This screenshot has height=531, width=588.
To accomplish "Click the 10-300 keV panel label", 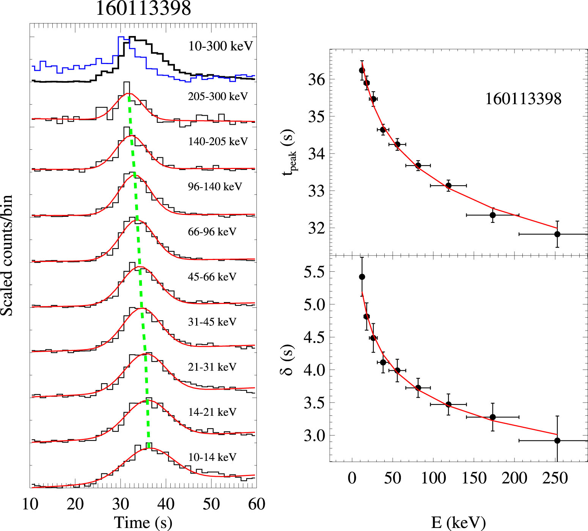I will point(220,46).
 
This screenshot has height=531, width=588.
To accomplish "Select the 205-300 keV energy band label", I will point(218,96).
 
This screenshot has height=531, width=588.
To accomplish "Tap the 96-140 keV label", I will point(215,186).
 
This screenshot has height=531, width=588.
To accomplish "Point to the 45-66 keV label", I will point(212,277).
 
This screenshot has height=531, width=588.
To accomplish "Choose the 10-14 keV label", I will point(212,457).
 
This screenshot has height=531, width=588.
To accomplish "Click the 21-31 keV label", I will point(212,367).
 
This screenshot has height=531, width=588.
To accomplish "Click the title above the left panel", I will point(143,8).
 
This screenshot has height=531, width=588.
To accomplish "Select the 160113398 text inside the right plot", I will point(523,99).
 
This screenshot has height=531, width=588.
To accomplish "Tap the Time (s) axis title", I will point(143,522).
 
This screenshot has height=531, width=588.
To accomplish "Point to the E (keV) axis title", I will point(458,522).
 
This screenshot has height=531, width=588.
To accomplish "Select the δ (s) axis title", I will point(288,359).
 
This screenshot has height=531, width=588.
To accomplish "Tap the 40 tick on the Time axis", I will point(166,504).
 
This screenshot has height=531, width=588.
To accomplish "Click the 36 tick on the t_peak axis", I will point(316,80).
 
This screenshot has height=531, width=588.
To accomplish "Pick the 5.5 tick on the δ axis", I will point(314,272).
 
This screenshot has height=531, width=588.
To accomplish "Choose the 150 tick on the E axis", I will point(474,478).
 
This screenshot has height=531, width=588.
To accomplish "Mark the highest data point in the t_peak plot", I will point(362,70).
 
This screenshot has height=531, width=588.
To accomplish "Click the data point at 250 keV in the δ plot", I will point(557,440).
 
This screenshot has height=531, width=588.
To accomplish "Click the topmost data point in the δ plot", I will point(362,277).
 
